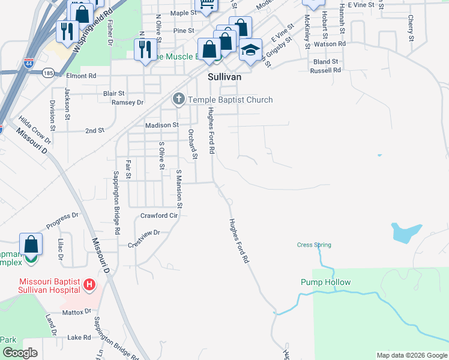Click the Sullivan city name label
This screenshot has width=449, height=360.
tap(224, 77)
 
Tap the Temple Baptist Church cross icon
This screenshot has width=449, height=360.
tap(179, 100)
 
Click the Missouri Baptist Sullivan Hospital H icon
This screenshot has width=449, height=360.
tap(89, 284)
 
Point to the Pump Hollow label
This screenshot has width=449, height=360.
tap(325, 282)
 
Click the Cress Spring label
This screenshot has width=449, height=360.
tap(314, 245)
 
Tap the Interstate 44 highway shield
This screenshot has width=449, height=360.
tap(29, 62)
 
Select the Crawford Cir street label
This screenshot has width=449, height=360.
tap(159, 215)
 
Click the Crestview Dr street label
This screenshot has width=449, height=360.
tap(144, 232)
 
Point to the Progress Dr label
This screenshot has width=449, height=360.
tap(62, 220)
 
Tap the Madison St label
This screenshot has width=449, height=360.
tap(162, 125)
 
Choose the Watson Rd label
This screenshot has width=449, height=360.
tap(330, 44)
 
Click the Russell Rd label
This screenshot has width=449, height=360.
tap(325, 70)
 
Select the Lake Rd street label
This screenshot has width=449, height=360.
tap(79, 338)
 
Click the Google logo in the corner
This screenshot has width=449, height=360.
tap(20, 353)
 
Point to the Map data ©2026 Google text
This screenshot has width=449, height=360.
tap(411, 355)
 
